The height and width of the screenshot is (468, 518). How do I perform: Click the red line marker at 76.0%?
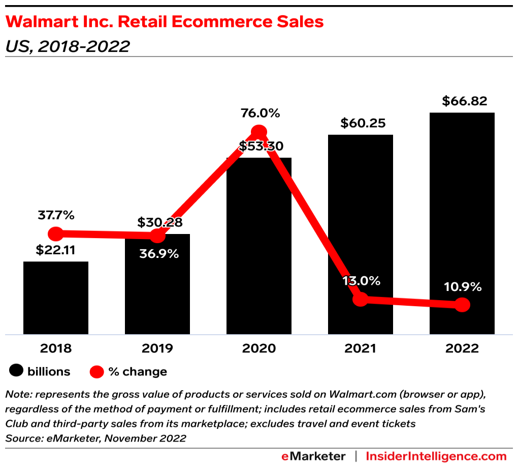pyautogui.click(x=259, y=132)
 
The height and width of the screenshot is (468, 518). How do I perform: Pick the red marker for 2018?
pyautogui.click(x=56, y=234)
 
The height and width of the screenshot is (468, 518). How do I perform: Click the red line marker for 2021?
pyautogui.click(x=360, y=299)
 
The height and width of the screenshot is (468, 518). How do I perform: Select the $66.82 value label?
pyautogui.click(x=462, y=101)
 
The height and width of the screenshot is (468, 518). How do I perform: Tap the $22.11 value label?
pyautogui.click(x=56, y=250)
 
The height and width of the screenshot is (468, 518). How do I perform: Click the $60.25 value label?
pyautogui.click(x=361, y=123)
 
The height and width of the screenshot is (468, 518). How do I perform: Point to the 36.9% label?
pyautogui.click(x=159, y=253)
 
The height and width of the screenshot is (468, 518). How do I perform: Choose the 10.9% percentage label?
pyautogui.click(x=462, y=287)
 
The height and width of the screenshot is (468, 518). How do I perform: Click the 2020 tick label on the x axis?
pyautogui.click(x=259, y=348)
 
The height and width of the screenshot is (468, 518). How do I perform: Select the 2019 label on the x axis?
pyautogui.click(x=157, y=348)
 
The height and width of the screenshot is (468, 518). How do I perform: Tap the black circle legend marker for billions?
pyautogui.click(x=17, y=372)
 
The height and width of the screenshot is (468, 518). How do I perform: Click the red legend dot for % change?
pyautogui.click(x=96, y=372)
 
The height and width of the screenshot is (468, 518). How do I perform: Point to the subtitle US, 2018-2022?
pyautogui.click(x=67, y=46)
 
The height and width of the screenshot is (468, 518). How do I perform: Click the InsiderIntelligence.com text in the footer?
pyautogui.click(x=436, y=456)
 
